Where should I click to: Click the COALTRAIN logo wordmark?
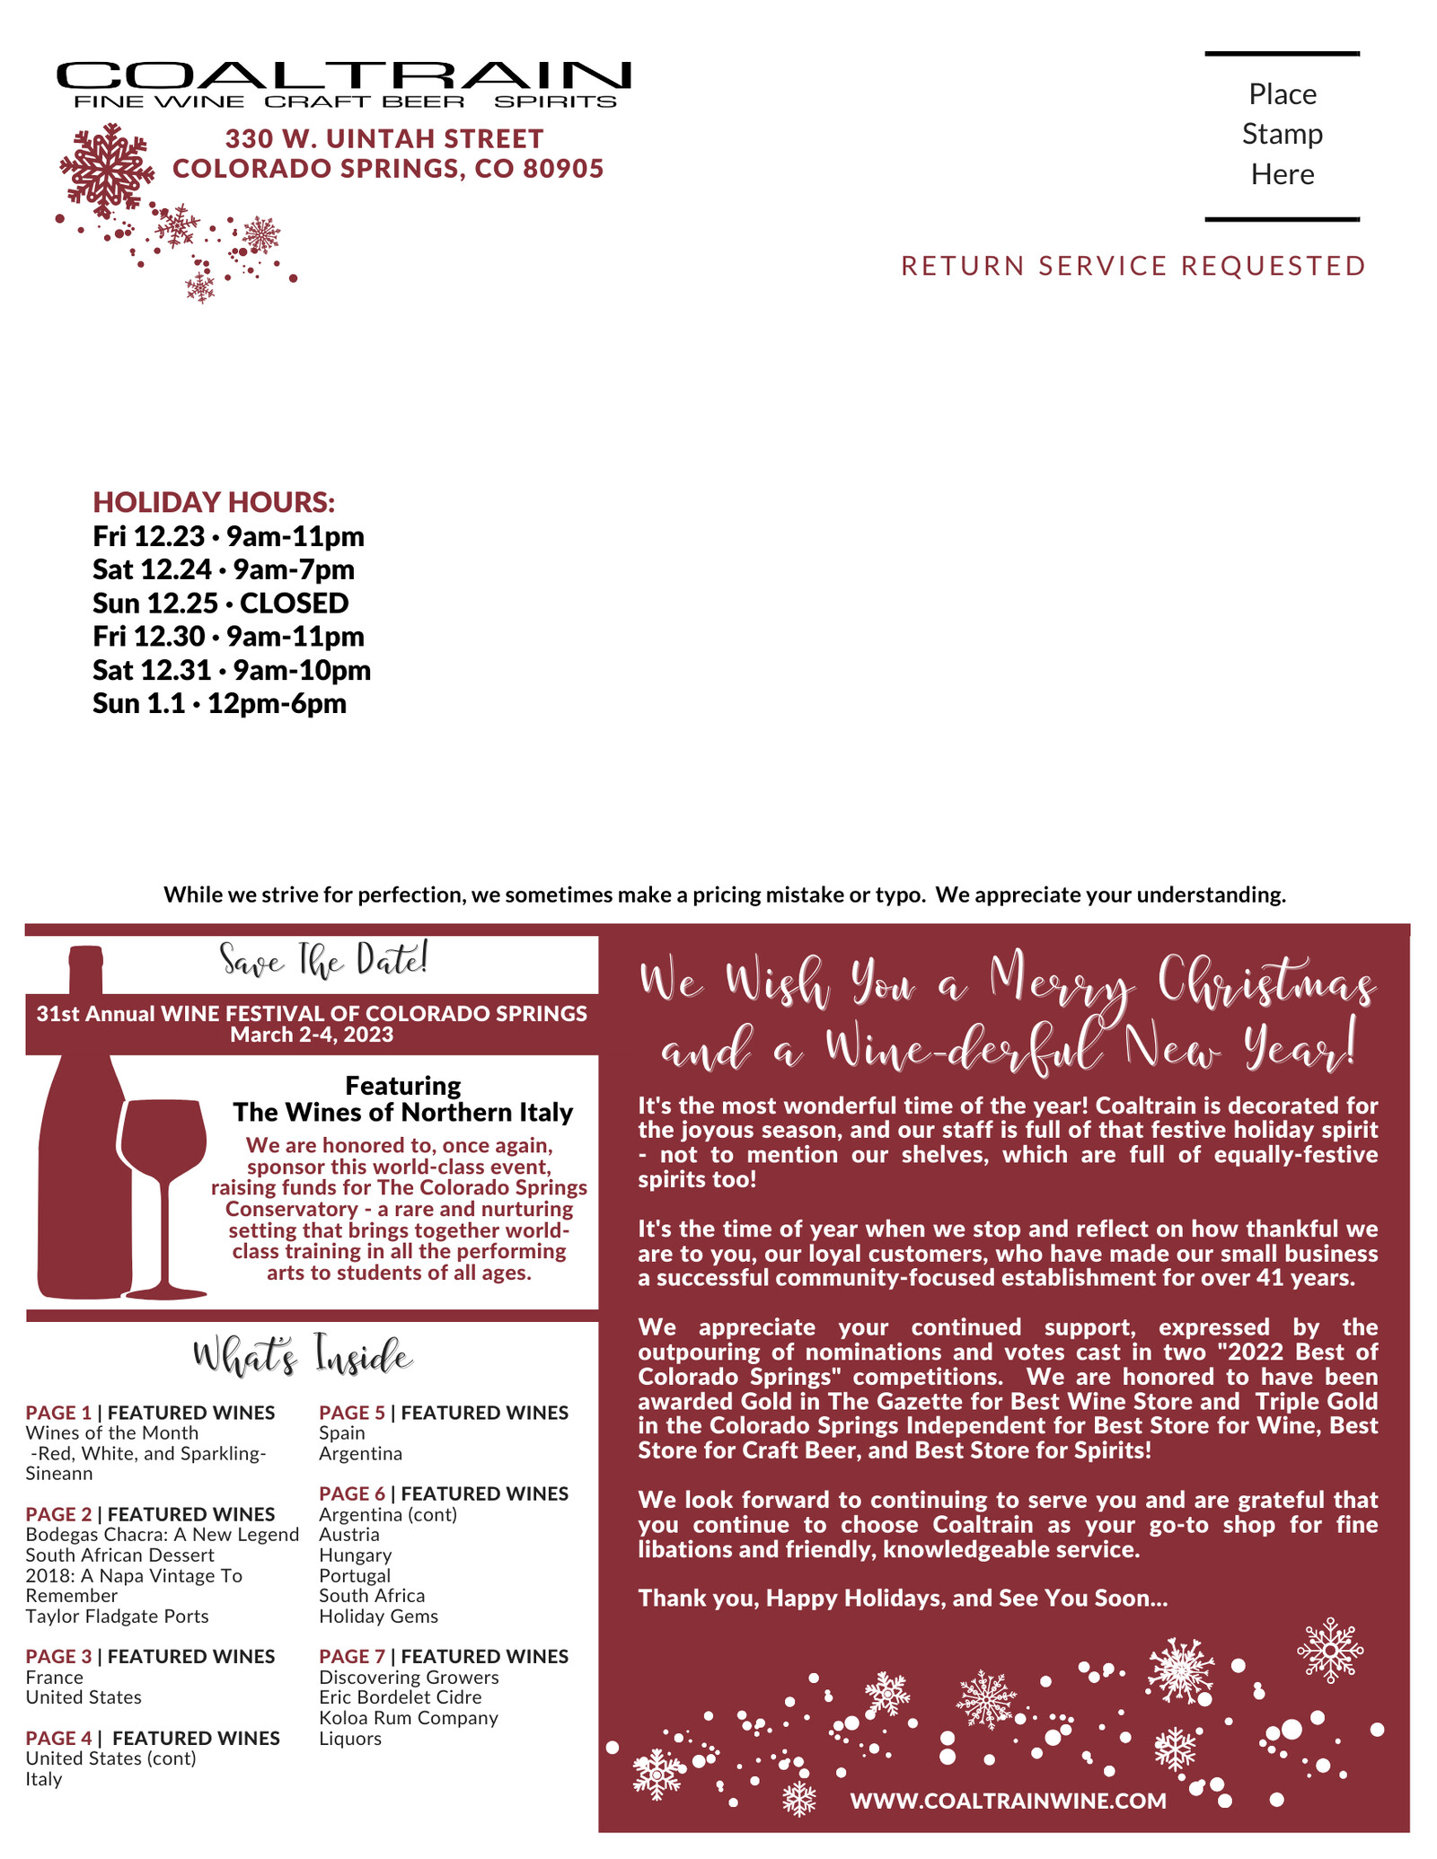coord(343,75)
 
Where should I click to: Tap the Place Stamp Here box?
coord(1282,135)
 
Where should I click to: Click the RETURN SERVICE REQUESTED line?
coord(1133,266)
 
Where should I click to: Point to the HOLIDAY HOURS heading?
coord(214,502)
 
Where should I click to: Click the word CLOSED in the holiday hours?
coord(294,603)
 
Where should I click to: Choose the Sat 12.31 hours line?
coord(232,670)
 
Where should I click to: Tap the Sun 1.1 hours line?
coord(219,703)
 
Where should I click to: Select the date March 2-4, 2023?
coord(312,1035)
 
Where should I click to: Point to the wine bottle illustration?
coord(81,1167)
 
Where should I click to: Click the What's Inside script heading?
coord(303,1357)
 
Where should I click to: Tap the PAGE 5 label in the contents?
coord(351,1413)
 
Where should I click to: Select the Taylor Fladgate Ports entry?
coord(117,1617)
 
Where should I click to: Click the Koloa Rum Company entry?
coord(409,1718)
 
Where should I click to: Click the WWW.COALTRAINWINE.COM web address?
coord(1008,1801)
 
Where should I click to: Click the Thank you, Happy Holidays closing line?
coord(903,1599)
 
